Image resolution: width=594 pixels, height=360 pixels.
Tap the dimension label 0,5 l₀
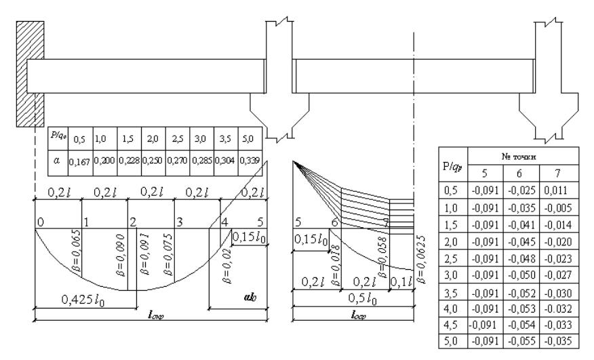coord(353,299)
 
